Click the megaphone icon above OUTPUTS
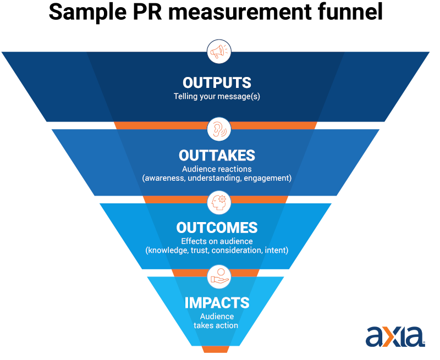pos(219,52)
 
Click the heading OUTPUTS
pos(217,82)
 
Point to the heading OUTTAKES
pos(217,156)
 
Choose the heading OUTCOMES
pos(217,228)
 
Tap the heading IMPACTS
pos(217,303)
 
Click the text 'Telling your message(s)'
pos(217,97)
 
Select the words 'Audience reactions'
pos(217,169)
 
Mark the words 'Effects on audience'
pos(217,241)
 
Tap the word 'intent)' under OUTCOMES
pos(277,251)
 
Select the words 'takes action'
pos(216,325)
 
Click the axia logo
pos(395,336)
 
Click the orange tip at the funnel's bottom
pos(215,349)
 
